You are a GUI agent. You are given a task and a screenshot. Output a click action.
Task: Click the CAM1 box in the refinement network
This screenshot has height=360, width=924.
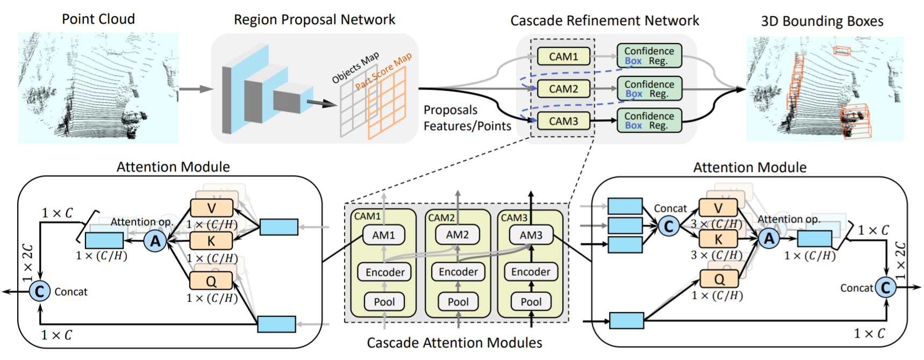pos(563,56)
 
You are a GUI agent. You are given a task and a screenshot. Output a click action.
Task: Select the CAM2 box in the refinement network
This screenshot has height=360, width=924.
pos(563,89)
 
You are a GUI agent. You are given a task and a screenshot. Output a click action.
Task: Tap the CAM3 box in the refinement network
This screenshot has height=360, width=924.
pos(563,121)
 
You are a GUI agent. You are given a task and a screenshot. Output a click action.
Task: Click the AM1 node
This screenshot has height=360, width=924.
pos(383,235)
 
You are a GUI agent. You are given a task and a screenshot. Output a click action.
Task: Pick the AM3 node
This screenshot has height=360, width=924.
pos(531,235)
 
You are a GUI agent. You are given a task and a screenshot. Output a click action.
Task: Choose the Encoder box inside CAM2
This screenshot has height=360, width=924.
pos(458,272)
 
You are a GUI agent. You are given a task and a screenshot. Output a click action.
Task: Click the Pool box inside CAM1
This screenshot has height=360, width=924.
pos(384,302)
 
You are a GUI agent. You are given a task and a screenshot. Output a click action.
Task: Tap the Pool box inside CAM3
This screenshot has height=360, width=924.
pos(531,302)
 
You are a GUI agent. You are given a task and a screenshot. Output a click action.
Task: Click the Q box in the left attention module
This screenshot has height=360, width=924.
pos(211,281)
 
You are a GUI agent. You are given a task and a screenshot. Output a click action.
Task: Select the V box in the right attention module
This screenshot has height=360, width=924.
pos(718,208)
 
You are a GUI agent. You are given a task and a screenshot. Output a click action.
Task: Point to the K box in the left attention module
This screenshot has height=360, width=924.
pos(211,241)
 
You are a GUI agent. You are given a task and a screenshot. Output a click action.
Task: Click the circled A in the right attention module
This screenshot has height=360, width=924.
pos(769,239)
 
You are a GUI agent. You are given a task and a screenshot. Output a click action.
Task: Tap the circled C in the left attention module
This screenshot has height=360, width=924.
pos(39,292)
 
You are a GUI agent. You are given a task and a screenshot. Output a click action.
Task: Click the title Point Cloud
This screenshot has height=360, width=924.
pos(98,19)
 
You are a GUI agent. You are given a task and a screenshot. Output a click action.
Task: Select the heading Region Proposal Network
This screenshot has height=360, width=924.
pos(314,20)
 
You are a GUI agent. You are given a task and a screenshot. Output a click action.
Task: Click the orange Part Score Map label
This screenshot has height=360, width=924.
pos(383,71)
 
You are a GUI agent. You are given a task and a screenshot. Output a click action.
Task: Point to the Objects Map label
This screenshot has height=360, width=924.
pos(355,68)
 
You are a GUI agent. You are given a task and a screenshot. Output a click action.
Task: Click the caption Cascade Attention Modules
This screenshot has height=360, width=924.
pos(454,343)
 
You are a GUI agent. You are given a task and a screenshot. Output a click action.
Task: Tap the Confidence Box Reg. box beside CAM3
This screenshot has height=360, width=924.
pos(649,120)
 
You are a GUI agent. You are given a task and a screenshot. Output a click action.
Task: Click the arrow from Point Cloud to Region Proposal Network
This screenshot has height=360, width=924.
pos(196,89)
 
